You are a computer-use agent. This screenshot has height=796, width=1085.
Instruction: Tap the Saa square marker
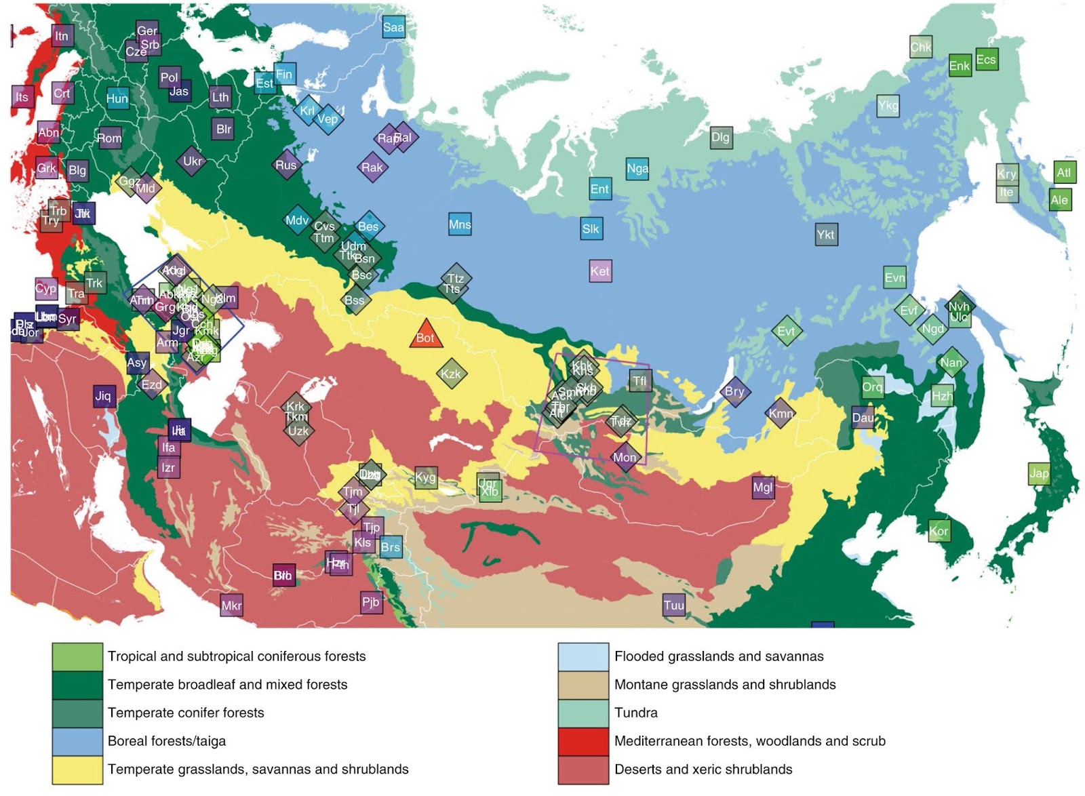tap(393, 27)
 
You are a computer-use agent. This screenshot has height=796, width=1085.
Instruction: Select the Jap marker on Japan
tap(1039, 473)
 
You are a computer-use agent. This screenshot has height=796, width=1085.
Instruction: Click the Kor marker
tap(939, 531)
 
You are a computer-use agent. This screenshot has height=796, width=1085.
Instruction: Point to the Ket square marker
tap(600, 271)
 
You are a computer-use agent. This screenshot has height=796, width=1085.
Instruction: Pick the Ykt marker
tap(825, 235)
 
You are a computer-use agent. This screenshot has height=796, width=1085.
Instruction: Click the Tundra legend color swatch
tap(583, 713)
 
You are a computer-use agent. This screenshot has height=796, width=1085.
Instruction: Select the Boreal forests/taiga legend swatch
tap(77, 741)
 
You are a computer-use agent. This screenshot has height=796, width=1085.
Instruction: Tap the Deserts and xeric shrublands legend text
tap(703, 770)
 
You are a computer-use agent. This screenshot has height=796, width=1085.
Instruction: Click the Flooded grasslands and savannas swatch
tap(583, 656)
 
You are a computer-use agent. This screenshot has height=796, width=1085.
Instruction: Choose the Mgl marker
tap(763, 487)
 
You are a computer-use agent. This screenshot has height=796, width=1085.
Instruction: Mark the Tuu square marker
tap(673, 605)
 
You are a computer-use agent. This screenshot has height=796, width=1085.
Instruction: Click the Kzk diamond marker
tap(451, 374)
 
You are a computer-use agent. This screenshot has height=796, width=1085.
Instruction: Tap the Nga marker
tap(637, 168)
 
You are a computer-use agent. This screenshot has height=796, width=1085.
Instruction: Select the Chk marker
tap(920, 47)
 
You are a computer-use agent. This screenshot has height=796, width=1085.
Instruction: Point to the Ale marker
tap(1059, 199)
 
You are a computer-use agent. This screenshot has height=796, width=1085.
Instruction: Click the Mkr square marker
tap(231, 605)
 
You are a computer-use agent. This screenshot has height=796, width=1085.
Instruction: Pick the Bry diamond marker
tap(734, 391)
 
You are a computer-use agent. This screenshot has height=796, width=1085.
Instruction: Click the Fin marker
tap(284, 75)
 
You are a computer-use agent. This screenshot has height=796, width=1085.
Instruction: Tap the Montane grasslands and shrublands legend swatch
tap(583, 685)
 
